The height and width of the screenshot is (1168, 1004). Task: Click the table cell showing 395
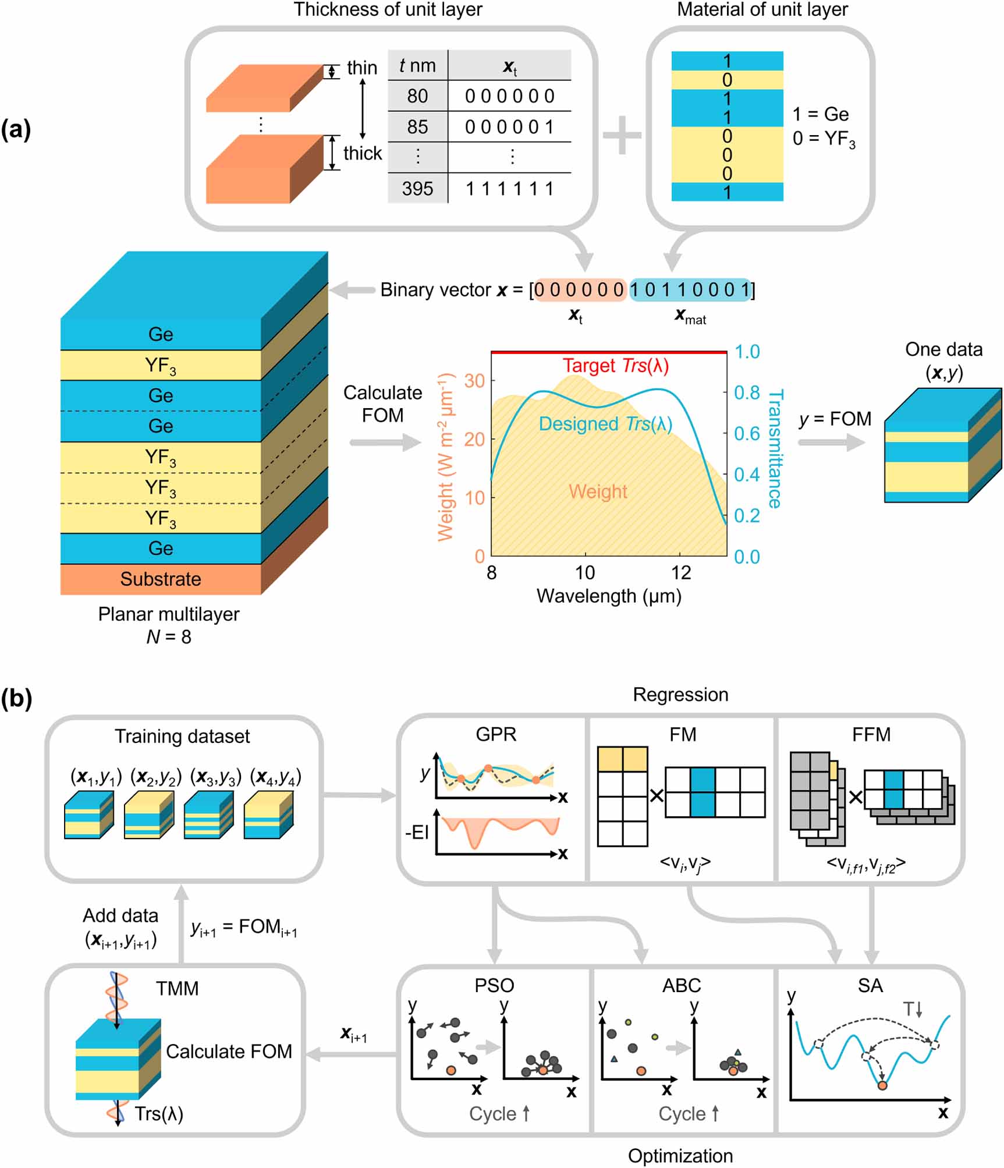coord(417,189)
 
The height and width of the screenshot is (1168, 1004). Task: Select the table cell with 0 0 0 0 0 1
coord(509,127)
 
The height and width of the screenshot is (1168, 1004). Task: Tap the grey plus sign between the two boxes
coord(622,135)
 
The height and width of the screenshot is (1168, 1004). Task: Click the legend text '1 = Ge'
coord(820,114)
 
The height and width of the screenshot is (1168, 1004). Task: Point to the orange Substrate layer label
coord(161,579)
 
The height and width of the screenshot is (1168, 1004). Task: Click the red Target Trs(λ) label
coord(615,366)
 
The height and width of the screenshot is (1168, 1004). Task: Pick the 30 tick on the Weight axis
coord(474,381)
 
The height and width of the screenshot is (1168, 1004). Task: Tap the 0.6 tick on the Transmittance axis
coord(747,433)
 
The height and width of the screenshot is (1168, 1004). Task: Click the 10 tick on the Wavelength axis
coord(585,573)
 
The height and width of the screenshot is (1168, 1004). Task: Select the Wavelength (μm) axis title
coord(608,596)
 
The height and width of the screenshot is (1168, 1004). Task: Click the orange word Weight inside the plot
coord(598,492)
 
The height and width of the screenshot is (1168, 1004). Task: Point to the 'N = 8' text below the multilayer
coord(169,637)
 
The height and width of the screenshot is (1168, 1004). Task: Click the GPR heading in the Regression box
coord(496,734)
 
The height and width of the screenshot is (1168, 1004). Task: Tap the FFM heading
coord(871,735)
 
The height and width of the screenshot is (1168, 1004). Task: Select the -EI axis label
coord(417,832)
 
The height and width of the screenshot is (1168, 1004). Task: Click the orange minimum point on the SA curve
coord(882,1085)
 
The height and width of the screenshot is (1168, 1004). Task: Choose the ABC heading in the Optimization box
coord(682,986)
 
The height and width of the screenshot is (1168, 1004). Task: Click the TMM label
coord(177,989)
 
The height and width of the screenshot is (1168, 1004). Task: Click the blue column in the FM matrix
coord(702,792)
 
